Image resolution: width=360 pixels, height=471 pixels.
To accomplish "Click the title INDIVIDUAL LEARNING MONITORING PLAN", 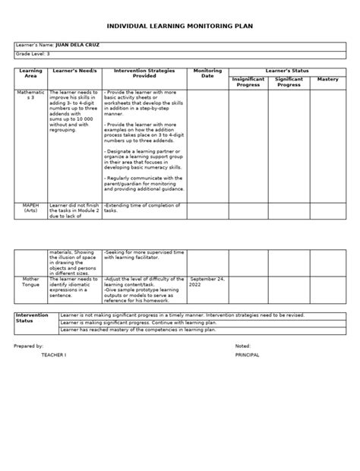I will pyautogui.click(x=180, y=25).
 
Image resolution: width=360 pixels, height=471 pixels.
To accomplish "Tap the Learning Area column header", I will pyautogui.click(x=30, y=73).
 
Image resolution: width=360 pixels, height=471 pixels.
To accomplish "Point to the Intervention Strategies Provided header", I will pyautogui.click(x=144, y=73).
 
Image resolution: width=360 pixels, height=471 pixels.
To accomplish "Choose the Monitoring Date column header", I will pyautogui.click(x=207, y=73).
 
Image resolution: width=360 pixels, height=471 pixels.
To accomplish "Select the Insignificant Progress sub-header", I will pyautogui.click(x=249, y=81).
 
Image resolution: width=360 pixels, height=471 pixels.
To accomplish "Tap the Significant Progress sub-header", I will pyautogui.click(x=289, y=81).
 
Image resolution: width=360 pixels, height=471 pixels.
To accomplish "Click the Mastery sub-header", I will pyautogui.click(x=327, y=78).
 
